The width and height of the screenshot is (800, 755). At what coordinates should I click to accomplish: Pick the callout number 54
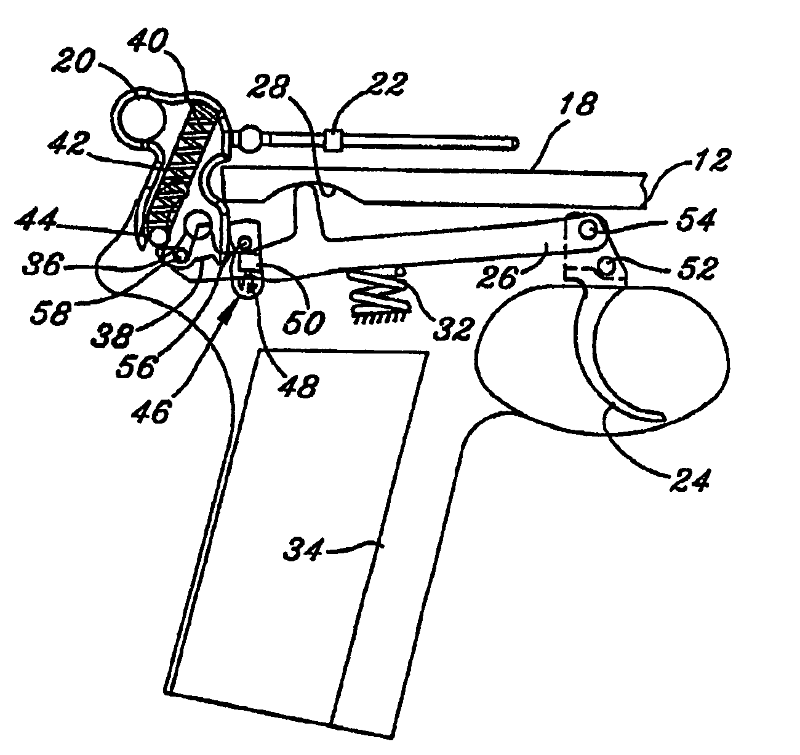pyautogui.click(x=696, y=221)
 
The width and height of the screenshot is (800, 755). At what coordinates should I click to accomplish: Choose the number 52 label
pyautogui.click(x=694, y=269)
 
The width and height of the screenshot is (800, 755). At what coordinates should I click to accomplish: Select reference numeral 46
pyautogui.click(x=152, y=409)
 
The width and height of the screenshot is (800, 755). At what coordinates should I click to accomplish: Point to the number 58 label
pyautogui.click(x=51, y=312)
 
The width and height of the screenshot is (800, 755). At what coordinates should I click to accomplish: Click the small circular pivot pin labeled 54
pyautogui.click(x=588, y=231)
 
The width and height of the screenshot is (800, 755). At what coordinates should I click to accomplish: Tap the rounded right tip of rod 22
pyautogui.click(x=515, y=144)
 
